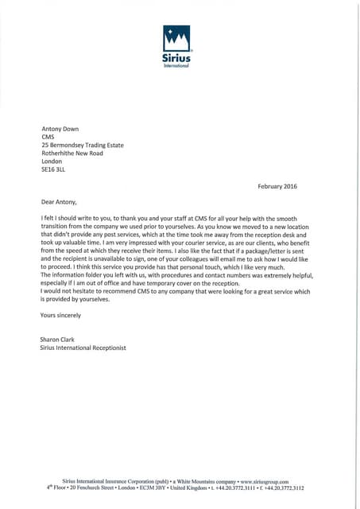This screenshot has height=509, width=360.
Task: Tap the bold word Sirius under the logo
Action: click(x=176, y=56)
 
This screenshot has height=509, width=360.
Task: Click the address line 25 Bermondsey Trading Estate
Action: click(x=82, y=146)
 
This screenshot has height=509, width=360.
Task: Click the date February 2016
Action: click(x=280, y=186)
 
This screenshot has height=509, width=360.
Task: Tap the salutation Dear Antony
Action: click(x=60, y=201)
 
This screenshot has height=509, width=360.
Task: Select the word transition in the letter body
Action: click(x=56, y=226)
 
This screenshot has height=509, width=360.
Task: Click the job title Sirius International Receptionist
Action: click(x=83, y=348)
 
